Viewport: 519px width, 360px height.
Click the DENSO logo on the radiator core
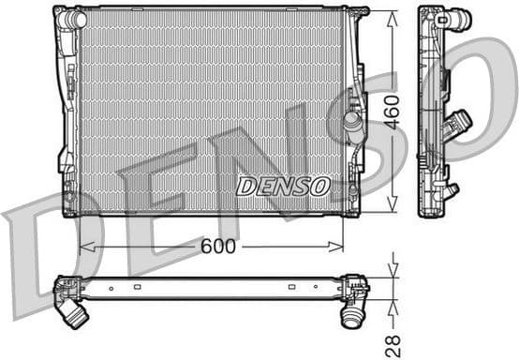pos(282,186)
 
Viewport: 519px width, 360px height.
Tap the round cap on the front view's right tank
pos(352,122)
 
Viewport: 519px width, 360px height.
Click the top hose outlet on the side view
pos(459,19)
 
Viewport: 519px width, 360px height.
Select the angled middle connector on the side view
pos(458,125)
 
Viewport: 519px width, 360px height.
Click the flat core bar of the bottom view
pos(211,288)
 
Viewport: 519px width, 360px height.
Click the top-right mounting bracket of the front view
pos(357,12)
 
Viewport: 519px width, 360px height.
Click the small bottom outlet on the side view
pos(452,190)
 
